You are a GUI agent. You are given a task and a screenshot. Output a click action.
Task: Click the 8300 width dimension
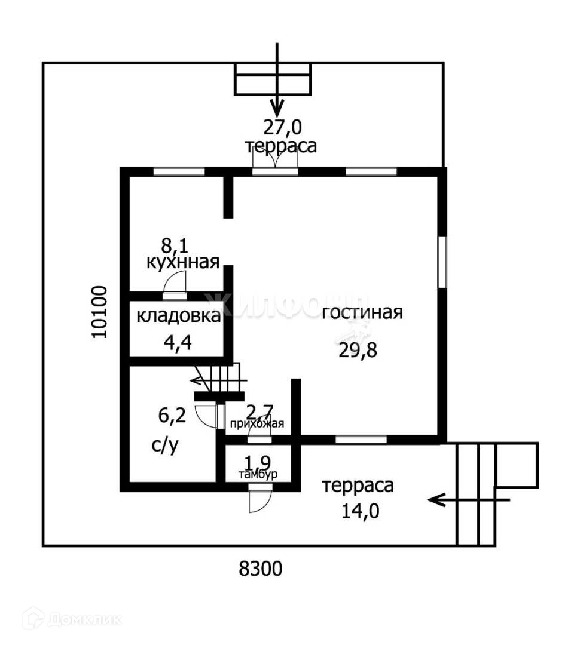pos(260,569)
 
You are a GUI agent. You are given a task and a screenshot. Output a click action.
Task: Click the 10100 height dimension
pos(100,312)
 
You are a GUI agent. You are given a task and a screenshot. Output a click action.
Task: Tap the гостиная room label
pos(362,312)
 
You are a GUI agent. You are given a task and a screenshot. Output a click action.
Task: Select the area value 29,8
pos(358,350)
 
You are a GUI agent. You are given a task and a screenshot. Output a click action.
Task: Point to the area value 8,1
pos(174,244)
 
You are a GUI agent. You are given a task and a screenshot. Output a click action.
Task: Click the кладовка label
pos(178,316)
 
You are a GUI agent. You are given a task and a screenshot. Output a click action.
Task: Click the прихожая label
pos(257,424)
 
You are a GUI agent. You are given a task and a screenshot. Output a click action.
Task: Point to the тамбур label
pos(257,475)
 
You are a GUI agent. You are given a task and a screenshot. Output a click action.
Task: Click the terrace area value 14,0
pos(358,511)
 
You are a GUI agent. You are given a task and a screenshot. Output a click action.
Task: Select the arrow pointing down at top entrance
pos(276,84)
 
